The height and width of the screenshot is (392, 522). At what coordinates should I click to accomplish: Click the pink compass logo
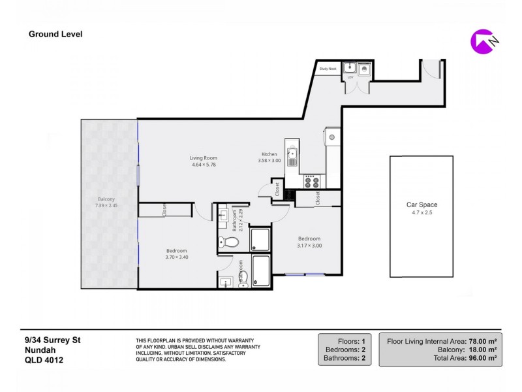tap(482, 41)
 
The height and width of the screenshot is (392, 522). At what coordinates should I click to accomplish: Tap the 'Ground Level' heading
tap(55, 34)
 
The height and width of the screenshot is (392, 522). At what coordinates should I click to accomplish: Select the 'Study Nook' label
tap(328, 68)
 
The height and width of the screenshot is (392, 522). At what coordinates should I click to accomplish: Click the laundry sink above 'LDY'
tap(350, 67)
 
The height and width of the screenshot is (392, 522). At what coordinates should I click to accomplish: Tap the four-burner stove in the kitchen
tap(310, 180)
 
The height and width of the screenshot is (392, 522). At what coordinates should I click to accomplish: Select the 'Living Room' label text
tap(204, 158)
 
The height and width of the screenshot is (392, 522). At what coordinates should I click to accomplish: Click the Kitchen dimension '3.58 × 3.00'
tap(269, 161)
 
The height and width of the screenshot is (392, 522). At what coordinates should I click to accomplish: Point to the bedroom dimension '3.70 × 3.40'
tap(176, 257)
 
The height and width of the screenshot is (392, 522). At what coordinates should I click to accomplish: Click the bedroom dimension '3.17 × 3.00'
tap(309, 246)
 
